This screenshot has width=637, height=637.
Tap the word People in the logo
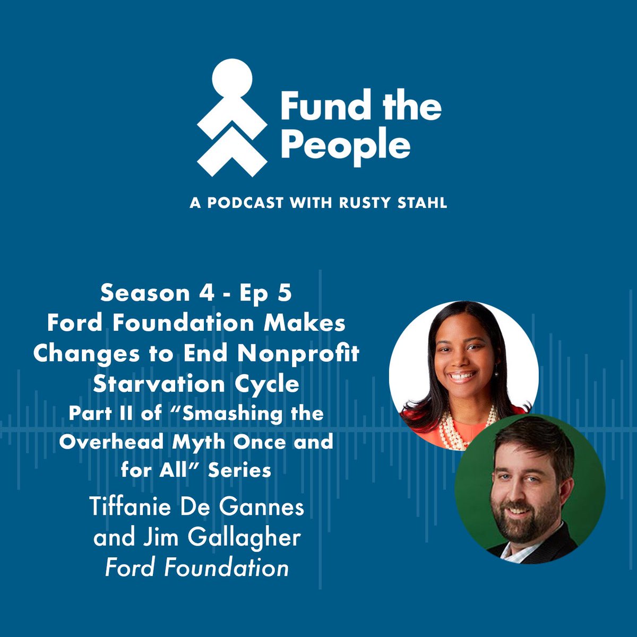pos(345,144)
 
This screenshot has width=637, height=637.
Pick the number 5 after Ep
pos(286,293)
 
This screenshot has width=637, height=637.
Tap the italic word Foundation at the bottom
pos(227,568)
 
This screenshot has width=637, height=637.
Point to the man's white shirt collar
pos(518,552)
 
